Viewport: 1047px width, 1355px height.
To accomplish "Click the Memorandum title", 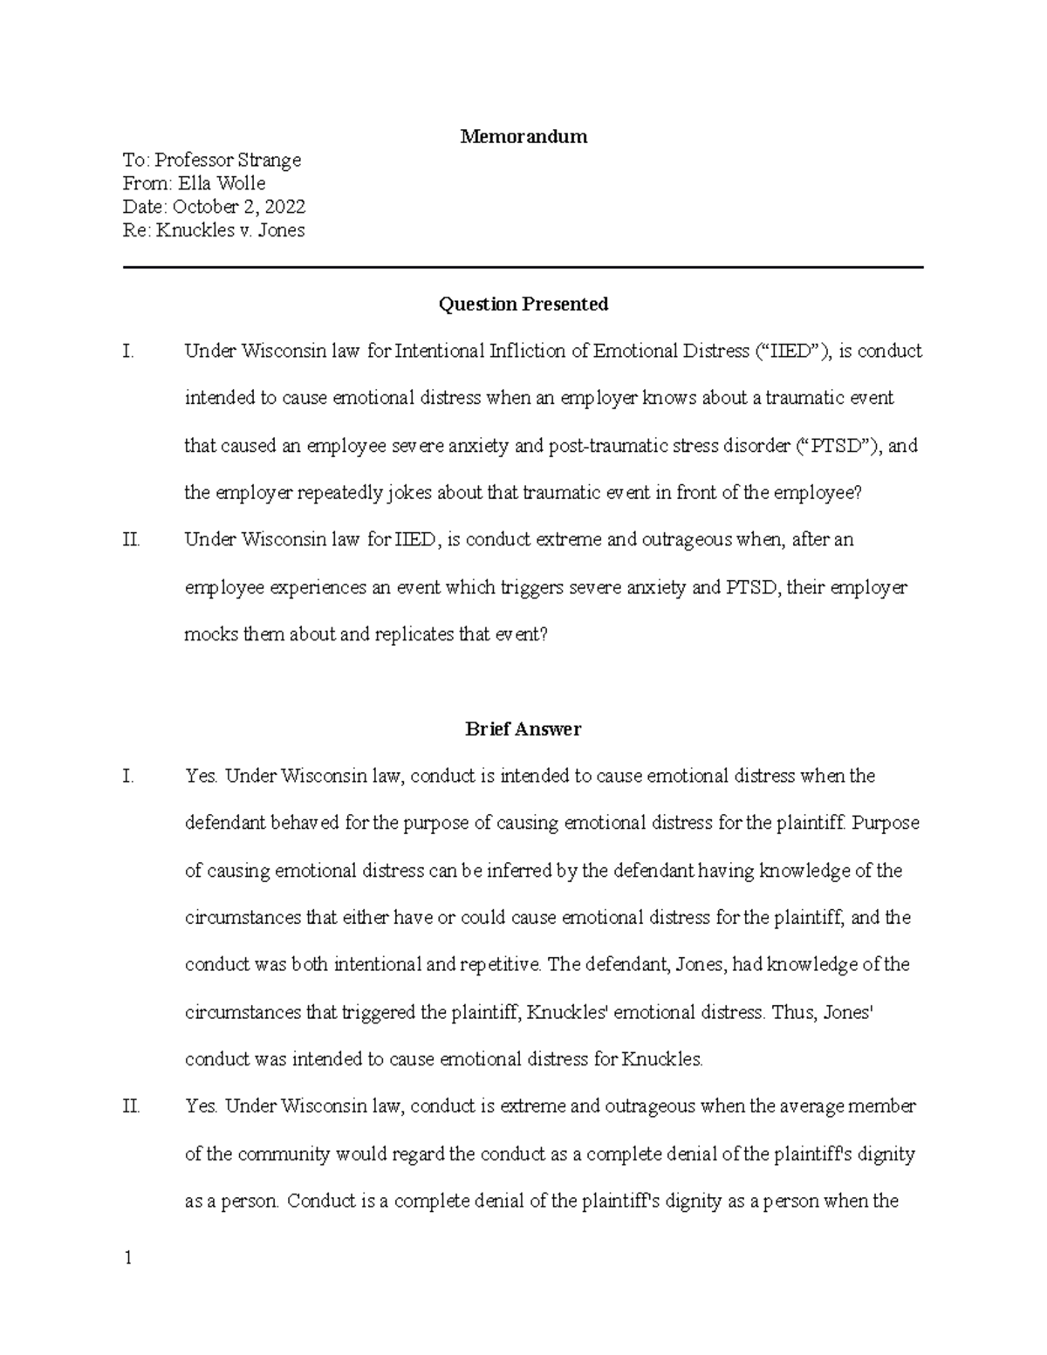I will click(x=523, y=136).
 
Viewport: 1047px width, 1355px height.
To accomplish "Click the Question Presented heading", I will click(x=523, y=304).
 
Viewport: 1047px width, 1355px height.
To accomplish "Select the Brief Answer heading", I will click(x=523, y=729).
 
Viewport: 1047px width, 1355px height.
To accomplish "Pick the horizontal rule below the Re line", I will click(x=523, y=267).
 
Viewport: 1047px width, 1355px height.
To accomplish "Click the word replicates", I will click(x=414, y=634).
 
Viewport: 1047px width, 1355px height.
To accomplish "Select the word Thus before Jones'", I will click(x=794, y=1012).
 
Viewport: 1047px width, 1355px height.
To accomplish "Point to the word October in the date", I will click(x=204, y=207).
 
